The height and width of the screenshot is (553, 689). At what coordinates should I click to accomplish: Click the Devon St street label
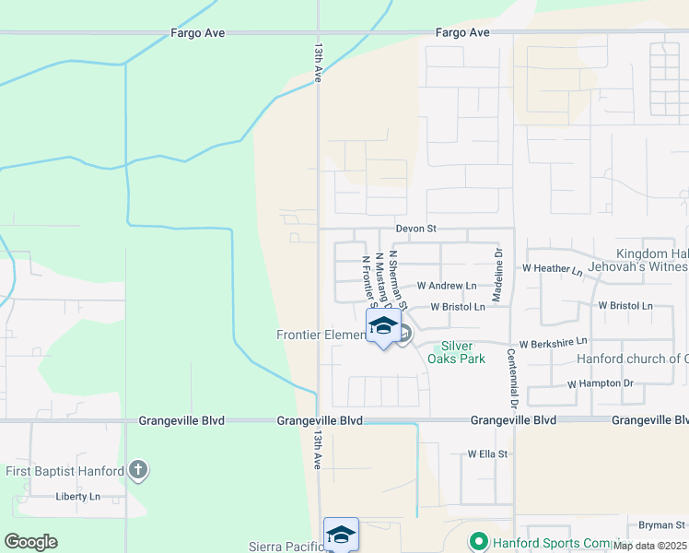(415, 229)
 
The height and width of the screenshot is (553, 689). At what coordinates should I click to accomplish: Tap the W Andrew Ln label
(447, 287)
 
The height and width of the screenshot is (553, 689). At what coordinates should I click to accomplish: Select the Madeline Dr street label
(497, 276)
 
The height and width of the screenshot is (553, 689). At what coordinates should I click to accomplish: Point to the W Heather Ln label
(553, 270)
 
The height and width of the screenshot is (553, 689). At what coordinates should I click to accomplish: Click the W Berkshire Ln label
(553, 343)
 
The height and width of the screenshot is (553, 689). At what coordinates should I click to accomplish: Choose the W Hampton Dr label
(601, 382)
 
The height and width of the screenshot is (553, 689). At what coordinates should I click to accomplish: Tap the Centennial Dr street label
(510, 379)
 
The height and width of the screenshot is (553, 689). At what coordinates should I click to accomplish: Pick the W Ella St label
(487, 453)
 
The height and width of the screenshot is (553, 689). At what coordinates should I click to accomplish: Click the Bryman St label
(662, 525)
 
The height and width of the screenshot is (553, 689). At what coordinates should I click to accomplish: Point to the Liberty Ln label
(77, 496)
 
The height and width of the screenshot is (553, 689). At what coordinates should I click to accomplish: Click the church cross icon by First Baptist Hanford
(137, 471)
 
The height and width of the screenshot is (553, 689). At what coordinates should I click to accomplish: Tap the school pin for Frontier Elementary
(383, 327)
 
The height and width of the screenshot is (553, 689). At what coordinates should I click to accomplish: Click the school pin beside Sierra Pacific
(341, 535)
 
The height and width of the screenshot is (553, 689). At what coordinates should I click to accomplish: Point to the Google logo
(30, 542)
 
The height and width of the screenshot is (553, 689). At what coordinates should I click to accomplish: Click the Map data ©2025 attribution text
(649, 546)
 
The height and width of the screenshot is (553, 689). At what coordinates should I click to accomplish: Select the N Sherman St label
(398, 274)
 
